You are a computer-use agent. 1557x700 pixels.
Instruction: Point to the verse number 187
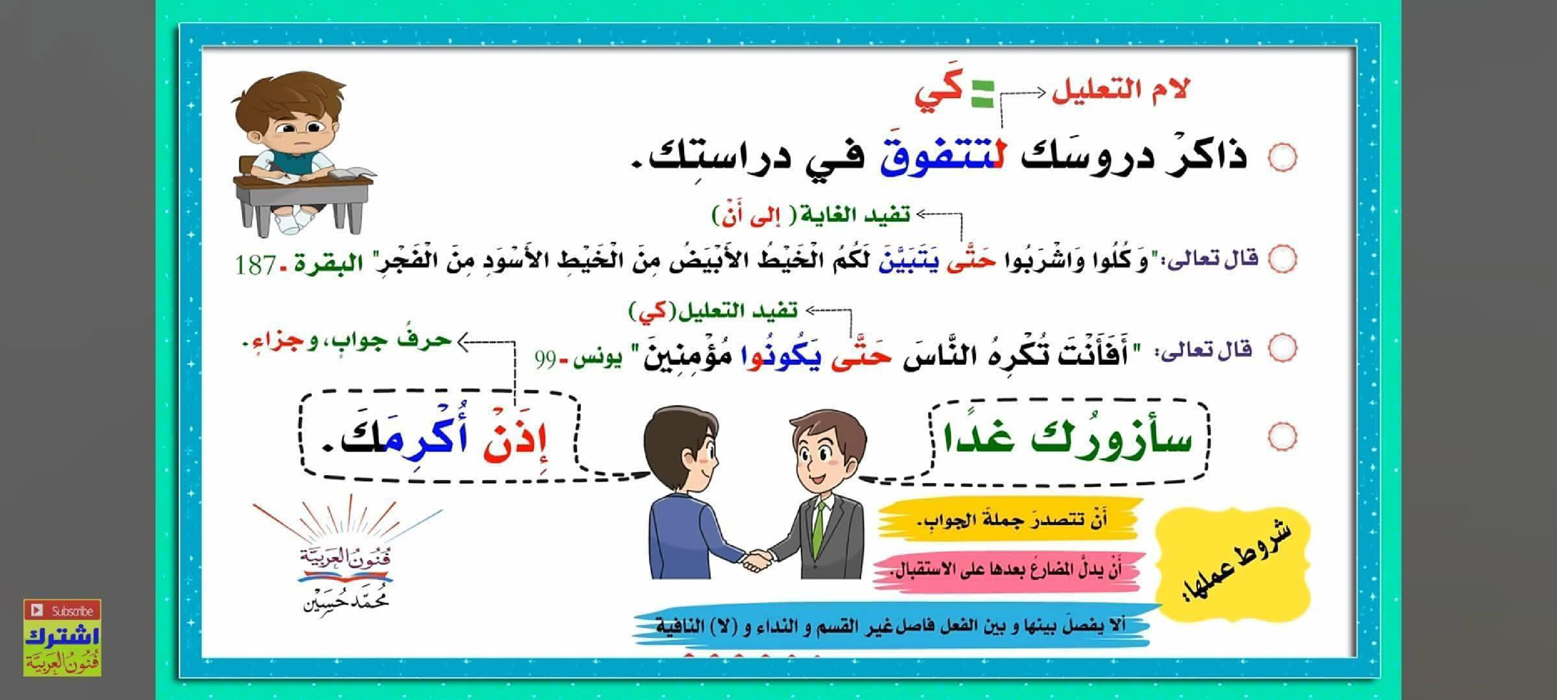[x=255, y=265]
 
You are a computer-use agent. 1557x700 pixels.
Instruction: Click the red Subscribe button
[x=62, y=610]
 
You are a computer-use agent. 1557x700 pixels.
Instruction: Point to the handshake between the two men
[x=758, y=560]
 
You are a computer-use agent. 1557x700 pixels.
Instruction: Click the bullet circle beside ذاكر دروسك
[x=1282, y=158]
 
